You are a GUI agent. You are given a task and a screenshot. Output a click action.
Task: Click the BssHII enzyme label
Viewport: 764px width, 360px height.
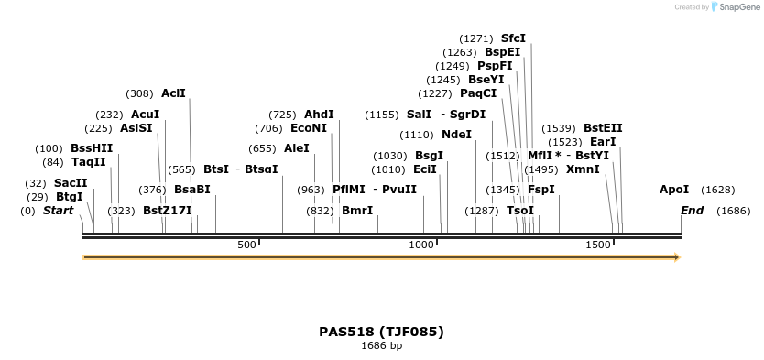(92, 148)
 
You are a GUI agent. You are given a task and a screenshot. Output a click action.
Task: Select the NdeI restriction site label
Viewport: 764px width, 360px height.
(456, 135)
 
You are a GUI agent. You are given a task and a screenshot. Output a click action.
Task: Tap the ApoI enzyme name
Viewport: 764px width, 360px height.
(674, 190)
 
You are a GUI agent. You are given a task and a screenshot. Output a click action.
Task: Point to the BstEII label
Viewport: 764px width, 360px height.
(603, 128)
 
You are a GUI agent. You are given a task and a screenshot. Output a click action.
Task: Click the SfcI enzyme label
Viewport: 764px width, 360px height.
(513, 38)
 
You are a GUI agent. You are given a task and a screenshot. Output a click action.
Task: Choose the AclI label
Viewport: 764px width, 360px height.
(173, 93)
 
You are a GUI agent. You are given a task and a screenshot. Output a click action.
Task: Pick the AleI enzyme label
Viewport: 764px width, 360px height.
(297, 148)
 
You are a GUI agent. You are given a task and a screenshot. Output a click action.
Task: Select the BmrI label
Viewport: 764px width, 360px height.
(357, 211)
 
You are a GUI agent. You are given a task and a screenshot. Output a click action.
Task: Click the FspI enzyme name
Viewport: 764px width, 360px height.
(541, 190)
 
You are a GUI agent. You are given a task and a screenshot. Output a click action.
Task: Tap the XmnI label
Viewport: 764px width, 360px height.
(583, 169)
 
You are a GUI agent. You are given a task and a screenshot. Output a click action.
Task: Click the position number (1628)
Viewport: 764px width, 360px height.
(717, 190)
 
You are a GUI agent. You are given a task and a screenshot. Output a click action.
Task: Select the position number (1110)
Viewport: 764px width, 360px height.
(417, 135)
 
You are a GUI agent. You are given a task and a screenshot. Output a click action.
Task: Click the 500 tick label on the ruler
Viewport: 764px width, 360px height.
(246, 245)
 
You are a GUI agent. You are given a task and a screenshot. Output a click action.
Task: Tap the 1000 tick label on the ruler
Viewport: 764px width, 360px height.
(421, 245)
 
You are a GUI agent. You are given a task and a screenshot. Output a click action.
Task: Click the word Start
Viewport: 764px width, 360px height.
(58, 211)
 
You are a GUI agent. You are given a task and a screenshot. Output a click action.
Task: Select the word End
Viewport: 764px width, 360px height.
(693, 211)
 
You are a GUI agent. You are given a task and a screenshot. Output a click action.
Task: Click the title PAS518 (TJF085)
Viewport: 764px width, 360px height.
(381, 332)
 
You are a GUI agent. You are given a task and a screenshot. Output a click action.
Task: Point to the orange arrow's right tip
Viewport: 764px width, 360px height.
(679, 257)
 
